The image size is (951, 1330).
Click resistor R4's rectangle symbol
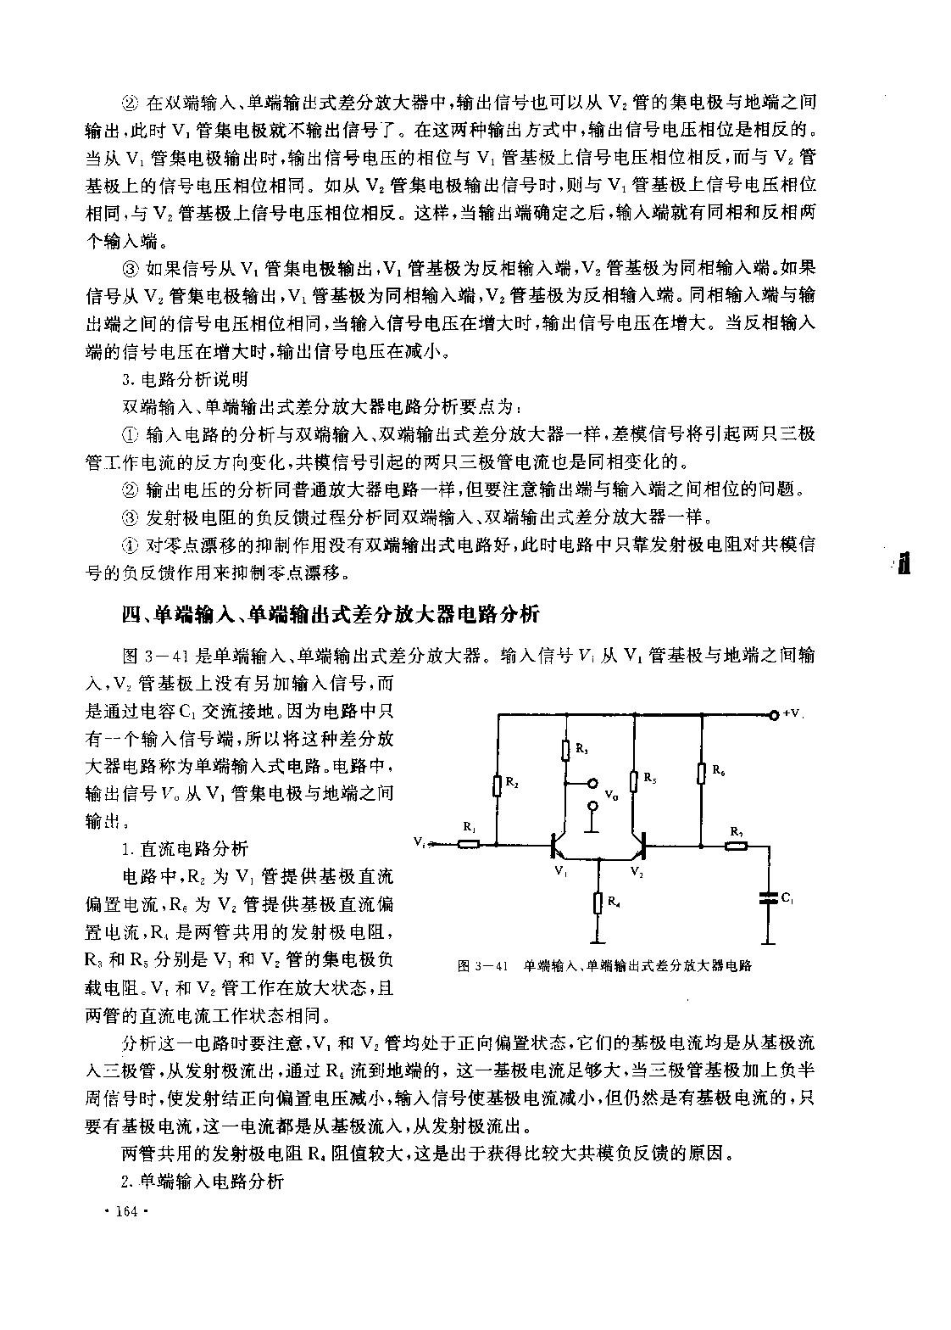599,902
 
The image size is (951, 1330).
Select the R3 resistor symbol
565,750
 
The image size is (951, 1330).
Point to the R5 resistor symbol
634,779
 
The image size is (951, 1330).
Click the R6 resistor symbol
702,773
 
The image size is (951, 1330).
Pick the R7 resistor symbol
736,845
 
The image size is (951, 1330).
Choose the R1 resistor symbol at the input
469,844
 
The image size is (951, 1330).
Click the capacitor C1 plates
769,897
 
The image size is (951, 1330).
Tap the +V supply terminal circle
773,714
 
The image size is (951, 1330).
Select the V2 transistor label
637,870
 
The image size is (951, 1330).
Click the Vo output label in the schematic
610,795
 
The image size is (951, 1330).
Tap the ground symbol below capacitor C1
769,941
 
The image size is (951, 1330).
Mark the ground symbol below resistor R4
599,941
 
